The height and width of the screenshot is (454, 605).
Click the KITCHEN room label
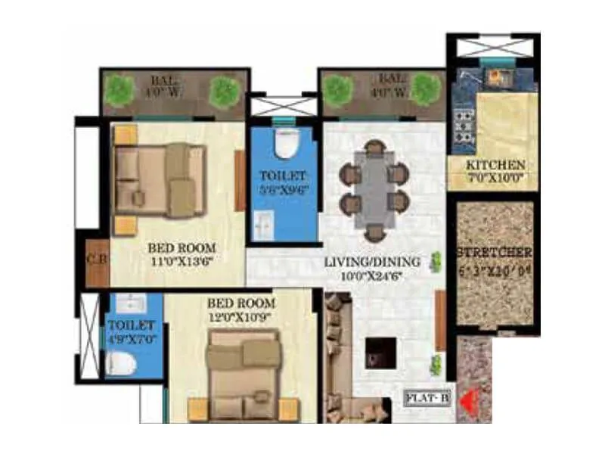[x=495, y=165]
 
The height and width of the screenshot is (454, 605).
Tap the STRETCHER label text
[x=495, y=252]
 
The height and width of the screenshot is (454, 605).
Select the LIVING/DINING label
[x=372, y=262]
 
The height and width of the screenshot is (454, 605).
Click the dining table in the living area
[x=374, y=189]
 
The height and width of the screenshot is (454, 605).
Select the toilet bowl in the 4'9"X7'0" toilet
[x=120, y=365]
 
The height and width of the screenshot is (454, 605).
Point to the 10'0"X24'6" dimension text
[x=372, y=275]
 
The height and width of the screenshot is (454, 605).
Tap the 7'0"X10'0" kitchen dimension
[x=495, y=179]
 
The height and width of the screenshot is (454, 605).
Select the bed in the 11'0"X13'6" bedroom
[x=160, y=180]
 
